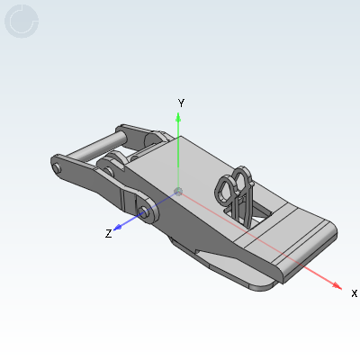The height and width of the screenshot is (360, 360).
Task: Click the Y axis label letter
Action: [x=181, y=103]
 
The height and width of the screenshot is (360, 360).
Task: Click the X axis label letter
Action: [x=354, y=293]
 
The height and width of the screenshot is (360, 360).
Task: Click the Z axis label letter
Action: [x=108, y=234]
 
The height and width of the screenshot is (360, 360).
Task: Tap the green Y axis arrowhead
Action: [x=179, y=115]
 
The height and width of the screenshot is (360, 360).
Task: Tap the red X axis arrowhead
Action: [x=336, y=285]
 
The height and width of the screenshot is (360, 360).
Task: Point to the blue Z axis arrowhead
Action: [x=122, y=224]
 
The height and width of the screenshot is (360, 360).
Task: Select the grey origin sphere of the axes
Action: [x=178, y=191]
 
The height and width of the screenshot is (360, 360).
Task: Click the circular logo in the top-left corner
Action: [x=22, y=22]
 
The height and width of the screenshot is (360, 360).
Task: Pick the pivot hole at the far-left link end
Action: [x=58, y=168]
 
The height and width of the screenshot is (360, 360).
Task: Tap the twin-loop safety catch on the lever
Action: [x=237, y=189]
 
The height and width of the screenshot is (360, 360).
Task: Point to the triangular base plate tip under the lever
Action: [x=216, y=261]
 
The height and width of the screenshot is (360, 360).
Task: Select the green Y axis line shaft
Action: [x=179, y=153]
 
